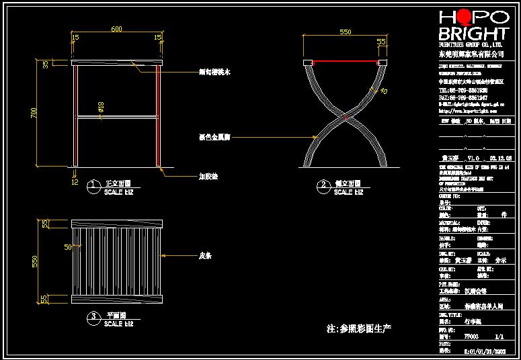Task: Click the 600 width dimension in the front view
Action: [x=116, y=30]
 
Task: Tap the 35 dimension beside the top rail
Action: [x=46, y=64]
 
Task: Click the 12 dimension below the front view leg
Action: [x=75, y=181]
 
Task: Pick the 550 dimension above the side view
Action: [x=346, y=32]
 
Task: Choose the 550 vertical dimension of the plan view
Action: [x=36, y=261]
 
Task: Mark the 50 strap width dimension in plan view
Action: [x=67, y=247]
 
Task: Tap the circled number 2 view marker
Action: [x=323, y=184]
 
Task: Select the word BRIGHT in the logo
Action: [x=473, y=34]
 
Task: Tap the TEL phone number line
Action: [x=463, y=90]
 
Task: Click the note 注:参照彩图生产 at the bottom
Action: [x=358, y=329]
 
